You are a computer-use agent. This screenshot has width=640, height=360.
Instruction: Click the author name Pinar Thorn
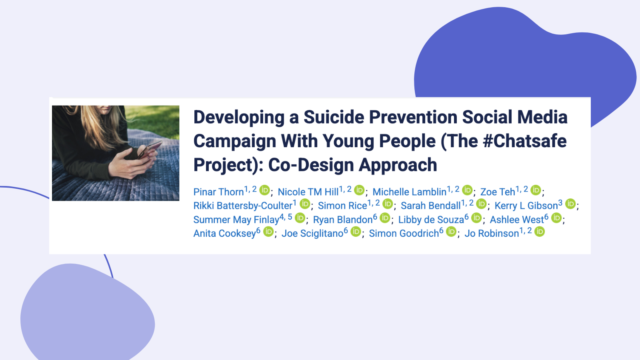tap(218, 192)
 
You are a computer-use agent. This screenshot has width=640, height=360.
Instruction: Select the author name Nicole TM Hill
tap(308, 192)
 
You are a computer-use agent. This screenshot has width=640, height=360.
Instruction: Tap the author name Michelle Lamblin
tap(410, 192)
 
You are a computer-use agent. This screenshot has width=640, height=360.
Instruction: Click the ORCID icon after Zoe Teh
tap(536, 190)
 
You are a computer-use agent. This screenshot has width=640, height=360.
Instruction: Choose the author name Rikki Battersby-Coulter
tap(243, 206)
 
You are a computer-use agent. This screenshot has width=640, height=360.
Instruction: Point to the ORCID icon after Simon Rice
tap(388, 204)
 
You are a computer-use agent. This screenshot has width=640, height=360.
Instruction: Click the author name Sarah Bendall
tap(430, 206)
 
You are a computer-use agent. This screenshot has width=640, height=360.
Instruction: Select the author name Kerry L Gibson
tap(526, 206)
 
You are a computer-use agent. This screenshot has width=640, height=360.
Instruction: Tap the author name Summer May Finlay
tap(236, 220)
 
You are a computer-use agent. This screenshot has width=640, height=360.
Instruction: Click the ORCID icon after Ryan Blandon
tap(385, 218)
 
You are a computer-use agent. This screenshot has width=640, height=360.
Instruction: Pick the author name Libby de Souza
tap(431, 220)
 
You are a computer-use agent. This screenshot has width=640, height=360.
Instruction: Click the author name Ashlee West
tap(517, 220)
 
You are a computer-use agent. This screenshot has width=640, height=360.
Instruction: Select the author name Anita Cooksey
tap(224, 234)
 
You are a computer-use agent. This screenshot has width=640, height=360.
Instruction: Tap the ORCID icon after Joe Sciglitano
tap(356, 232)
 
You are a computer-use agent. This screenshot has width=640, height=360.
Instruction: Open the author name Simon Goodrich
tap(404, 234)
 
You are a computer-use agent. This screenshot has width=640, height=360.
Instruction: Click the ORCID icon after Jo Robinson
tap(540, 232)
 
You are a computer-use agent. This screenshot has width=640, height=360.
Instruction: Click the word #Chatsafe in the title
tap(524, 141)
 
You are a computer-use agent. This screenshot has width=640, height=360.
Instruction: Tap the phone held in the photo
tap(149, 150)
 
